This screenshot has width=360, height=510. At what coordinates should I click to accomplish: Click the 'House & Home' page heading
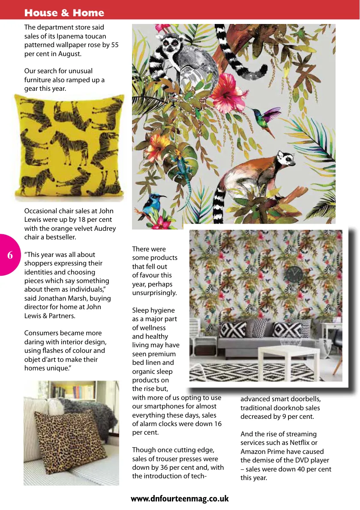64,13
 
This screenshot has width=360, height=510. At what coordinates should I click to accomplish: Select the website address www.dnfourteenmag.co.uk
180,499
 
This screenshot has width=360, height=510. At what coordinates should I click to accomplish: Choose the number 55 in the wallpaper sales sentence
114,45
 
